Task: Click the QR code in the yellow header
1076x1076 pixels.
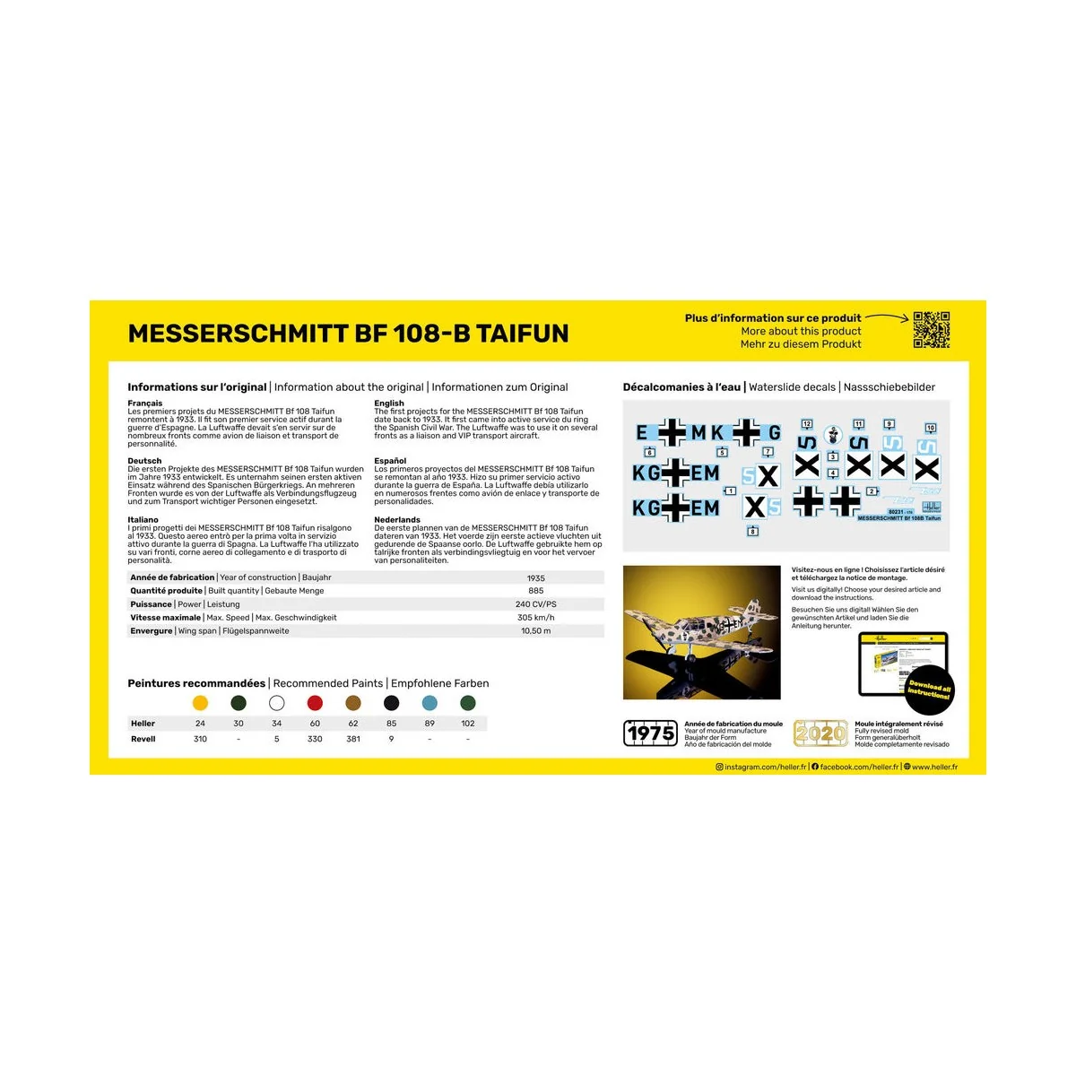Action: coord(931,330)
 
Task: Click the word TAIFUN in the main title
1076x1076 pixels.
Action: coord(522,334)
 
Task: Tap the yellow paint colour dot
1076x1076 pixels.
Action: coord(200,703)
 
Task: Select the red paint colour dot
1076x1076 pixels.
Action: coord(315,703)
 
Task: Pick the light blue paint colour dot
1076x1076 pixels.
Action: coord(430,703)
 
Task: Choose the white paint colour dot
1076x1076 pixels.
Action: coord(276,703)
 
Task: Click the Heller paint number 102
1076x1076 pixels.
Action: coord(467,724)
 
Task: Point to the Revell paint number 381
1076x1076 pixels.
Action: coord(353,739)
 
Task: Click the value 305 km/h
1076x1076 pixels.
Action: coord(535,618)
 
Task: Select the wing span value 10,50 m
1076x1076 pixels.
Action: coord(535,631)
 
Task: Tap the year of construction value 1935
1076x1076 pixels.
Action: coord(535,578)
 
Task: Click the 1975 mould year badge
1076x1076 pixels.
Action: coord(650,733)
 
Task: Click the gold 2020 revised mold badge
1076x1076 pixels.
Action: coord(820,733)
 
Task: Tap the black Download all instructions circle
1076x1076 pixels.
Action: coord(929,690)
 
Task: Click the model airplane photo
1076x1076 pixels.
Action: coord(701,632)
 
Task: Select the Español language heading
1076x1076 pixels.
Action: coord(390,461)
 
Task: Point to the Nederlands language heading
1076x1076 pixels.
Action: coord(397,520)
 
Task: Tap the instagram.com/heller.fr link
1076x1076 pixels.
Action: coord(765,768)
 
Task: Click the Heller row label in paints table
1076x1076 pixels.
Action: coord(143,724)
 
